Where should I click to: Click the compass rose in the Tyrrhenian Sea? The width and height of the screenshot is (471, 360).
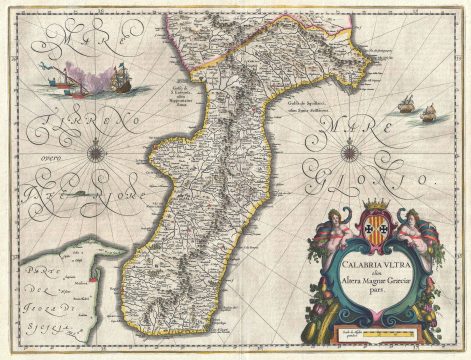[98, 153]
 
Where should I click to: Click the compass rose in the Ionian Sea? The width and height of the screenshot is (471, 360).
[350, 152]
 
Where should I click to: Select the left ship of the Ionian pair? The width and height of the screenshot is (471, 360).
[408, 102]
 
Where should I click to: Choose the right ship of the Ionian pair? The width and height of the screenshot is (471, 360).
[428, 111]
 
